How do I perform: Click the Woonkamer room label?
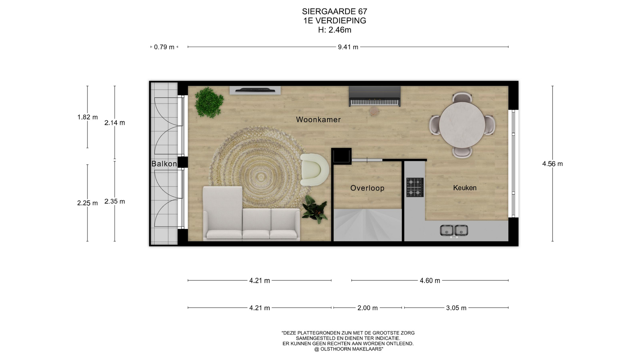click(318, 119)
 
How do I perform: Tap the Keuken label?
click(465, 188)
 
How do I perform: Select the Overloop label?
click(367, 188)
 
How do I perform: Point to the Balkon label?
click(164, 164)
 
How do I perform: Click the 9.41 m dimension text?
click(348, 47)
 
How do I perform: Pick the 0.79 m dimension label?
click(164, 47)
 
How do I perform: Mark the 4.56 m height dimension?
click(552, 164)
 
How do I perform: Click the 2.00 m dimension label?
click(367, 308)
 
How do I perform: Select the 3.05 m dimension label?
click(456, 308)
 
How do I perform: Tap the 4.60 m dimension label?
click(430, 281)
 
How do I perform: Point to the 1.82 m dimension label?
click(87, 117)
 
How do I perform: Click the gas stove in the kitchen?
click(415, 187)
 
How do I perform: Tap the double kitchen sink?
click(454, 231)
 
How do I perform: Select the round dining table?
click(462, 125)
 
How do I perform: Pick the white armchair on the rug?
click(314, 169)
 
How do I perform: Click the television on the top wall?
click(255, 90)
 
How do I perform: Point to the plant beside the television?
click(209, 102)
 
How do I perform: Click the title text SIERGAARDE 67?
click(335, 11)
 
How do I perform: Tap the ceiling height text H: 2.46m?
click(335, 30)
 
